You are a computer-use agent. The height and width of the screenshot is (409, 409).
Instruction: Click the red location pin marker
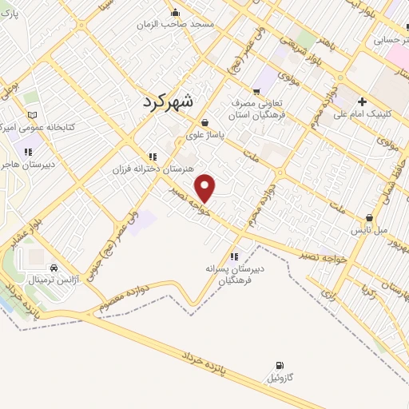(205, 189)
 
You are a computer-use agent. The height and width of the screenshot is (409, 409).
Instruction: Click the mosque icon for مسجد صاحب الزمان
(176, 13)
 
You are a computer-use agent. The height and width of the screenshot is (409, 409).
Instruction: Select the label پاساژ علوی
(209, 137)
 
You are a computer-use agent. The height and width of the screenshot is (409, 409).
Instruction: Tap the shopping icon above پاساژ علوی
(206, 123)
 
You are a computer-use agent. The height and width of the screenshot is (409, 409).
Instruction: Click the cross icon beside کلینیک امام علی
(363, 102)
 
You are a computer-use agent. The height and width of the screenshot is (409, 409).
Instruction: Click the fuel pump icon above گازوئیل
(279, 364)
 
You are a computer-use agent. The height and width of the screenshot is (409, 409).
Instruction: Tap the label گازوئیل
(280, 376)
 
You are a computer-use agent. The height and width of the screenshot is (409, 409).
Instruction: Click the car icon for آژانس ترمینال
(54, 268)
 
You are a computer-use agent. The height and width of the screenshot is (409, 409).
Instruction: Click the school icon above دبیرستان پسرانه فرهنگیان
(234, 256)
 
